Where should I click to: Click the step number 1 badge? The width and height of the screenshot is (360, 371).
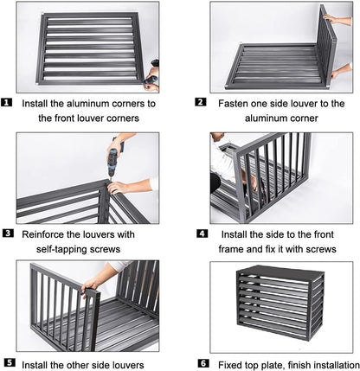(7, 103)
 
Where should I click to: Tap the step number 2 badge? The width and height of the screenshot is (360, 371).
(201, 102)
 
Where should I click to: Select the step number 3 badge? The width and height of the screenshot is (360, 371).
(8, 233)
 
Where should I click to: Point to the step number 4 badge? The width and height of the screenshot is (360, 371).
(202, 233)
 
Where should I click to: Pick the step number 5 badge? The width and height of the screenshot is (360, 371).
(10, 362)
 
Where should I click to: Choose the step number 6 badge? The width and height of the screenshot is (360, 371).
(203, 363)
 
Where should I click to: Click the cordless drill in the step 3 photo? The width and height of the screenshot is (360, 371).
(113, 159)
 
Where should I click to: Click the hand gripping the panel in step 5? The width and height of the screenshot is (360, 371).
(89, 286)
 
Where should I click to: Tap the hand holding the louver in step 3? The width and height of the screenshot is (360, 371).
(118, 188)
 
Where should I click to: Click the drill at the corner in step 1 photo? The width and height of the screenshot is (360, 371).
(152, 75)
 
